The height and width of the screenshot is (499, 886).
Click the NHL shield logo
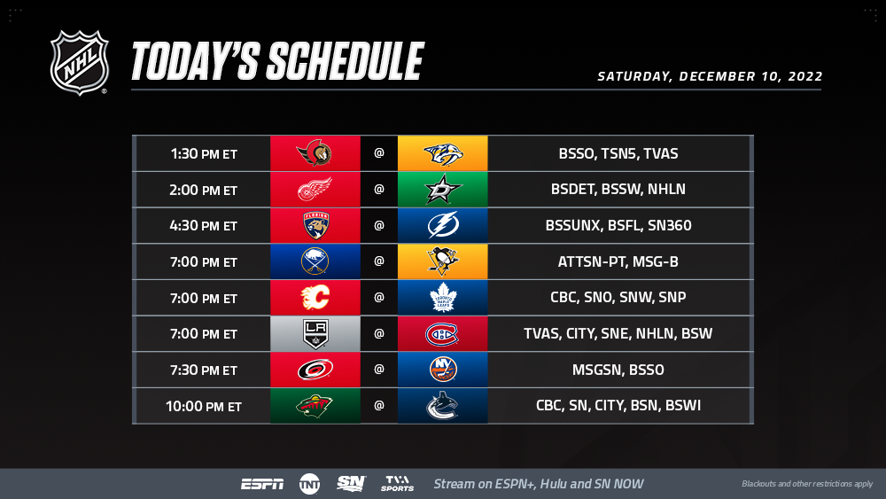[x=79, y=62]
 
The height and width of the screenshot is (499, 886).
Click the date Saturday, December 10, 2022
[x=710, y=76]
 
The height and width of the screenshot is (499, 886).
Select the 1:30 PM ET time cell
[x=204, y=153]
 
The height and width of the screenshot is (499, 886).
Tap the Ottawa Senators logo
[x=315, y=153]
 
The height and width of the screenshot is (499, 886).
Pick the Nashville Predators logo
[x=443, y=153]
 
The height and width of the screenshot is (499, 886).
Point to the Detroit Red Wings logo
[x=315, y=190]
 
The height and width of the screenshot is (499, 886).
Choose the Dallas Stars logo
[x=443, y=190]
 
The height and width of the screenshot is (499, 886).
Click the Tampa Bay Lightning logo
[x=443, y=225]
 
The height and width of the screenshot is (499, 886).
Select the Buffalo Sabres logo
[x=315, y=261]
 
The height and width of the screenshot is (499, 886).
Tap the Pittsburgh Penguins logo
[x=443, y=261]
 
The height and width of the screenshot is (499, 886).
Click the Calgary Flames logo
[x=315, y=297]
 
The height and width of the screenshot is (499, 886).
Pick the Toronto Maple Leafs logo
[x=443, y=297]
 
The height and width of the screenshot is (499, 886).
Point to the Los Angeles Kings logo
[x=315, y=333]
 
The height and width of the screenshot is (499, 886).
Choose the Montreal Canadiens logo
[x=442, y=334]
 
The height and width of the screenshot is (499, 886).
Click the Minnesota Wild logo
[x=315, y=406]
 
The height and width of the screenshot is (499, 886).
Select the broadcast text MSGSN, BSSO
[x=618, y=370]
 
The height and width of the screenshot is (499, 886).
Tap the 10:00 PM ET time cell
[x=204, y=406]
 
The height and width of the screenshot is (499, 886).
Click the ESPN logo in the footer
[x=262, y=484]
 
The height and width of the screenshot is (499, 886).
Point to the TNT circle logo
[x=309, y=484]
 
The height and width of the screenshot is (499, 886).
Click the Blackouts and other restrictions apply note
[x=807, y=484]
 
